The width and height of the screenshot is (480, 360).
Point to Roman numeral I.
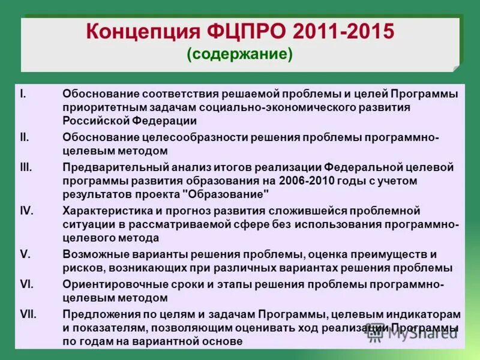coord(22,94)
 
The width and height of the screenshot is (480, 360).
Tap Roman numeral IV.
coord(26,211)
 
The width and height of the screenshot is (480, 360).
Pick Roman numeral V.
coord(24,254)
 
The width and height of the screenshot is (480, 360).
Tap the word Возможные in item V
coord(92,254)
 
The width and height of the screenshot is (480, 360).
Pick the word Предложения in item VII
coord(99,314)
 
